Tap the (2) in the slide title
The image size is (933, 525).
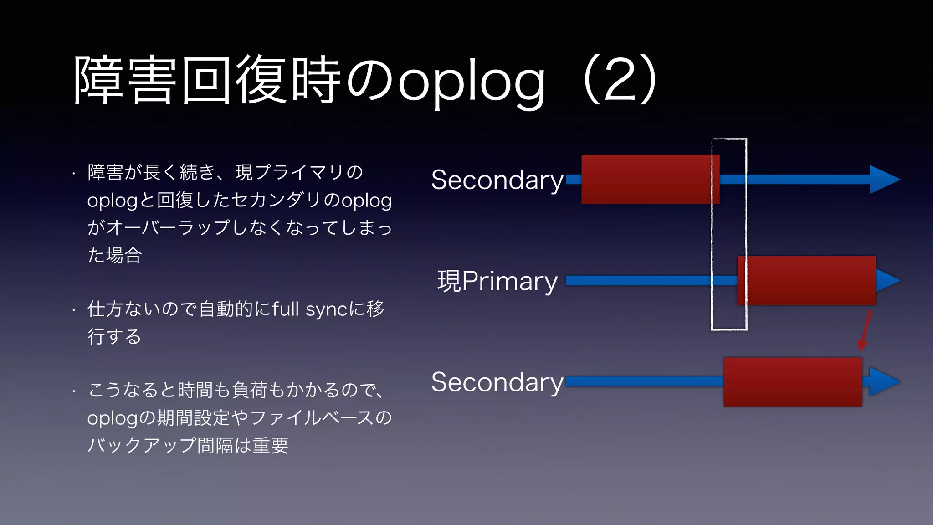620,80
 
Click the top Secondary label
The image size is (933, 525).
497,180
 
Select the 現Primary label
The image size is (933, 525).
497,281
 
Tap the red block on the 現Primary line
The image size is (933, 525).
806,280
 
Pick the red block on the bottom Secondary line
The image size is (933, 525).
793,382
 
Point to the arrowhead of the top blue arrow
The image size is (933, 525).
884,180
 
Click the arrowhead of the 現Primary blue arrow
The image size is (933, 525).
887,280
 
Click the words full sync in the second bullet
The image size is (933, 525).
310,309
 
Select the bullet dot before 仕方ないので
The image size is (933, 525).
73,311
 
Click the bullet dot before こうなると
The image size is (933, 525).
73,391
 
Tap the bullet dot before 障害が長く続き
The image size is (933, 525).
73,174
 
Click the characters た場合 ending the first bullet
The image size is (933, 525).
115,255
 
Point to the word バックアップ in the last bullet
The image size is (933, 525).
142,445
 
